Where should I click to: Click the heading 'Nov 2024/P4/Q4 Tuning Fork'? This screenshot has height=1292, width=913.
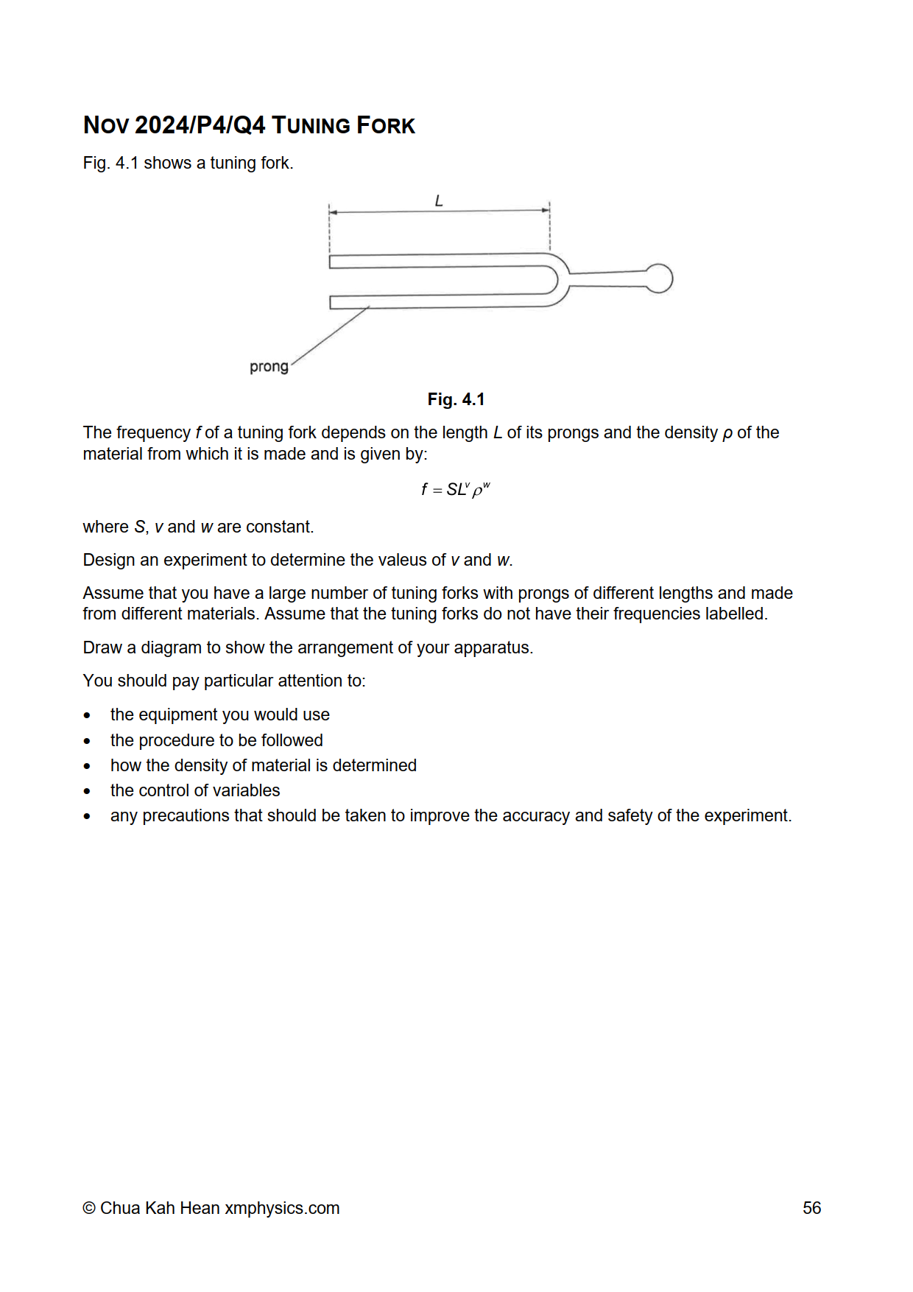pyautogui.click(x=249, y=125)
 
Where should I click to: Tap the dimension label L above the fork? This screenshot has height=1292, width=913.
pyautogui.click(x=439, y=200)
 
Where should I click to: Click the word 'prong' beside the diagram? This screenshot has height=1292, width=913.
pyautogui.click(x=269, y=367)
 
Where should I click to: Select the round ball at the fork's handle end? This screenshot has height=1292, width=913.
pyautogui.click(x=659, y=278)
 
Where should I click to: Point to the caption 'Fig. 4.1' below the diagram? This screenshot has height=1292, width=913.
pyautogui.click(x=456, y=399)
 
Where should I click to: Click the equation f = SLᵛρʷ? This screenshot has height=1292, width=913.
pyautogui.click(x=455, y=490)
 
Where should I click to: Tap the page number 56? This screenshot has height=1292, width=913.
pyautogui.click(x=811, y=1208)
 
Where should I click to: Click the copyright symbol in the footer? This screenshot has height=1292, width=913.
pyautogui.click(x=89, y=1209)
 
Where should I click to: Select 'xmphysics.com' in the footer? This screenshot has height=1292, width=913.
pyautogui.click(x=282, y=1208)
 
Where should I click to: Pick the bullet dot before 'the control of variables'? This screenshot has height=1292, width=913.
pyautogui.click(x=88, y=791)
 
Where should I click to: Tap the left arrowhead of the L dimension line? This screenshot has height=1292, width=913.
pyautogui.click(x=333, y=212)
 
